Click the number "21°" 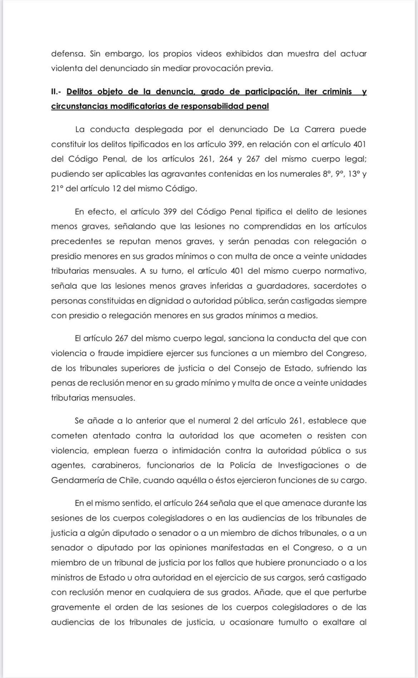[57, 189]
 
